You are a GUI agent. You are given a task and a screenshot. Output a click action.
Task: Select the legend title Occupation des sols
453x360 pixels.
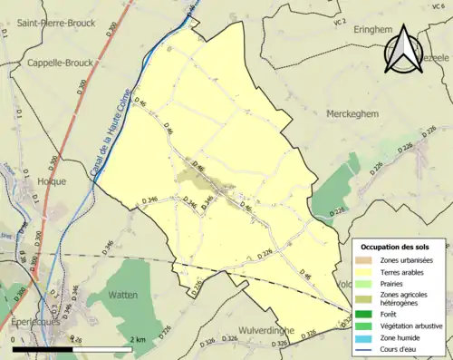pos(395,247)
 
